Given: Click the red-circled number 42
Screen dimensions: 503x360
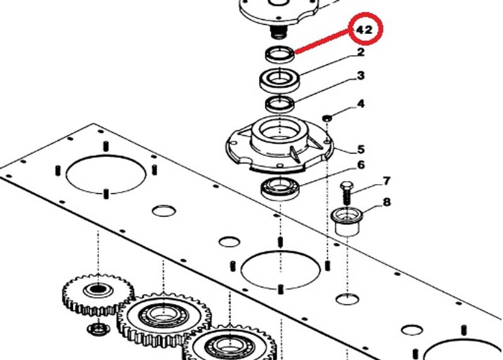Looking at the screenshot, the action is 365,30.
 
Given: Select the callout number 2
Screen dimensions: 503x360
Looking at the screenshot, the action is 360,52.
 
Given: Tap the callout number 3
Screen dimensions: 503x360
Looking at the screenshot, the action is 361,75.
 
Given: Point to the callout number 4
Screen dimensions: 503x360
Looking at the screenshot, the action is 361,104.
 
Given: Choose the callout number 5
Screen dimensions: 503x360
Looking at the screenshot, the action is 361,150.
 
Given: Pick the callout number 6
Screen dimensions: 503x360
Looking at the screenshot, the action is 361,165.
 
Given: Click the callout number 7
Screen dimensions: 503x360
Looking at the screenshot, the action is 387,181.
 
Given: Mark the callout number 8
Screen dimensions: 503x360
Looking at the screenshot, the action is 387,202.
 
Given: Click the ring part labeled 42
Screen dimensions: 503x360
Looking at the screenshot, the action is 280,54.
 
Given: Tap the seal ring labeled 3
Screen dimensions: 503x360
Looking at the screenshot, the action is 280,104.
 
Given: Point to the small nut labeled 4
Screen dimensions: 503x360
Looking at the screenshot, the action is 327,117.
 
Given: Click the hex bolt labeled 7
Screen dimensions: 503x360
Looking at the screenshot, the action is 347,194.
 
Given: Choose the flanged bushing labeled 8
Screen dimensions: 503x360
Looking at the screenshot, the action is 347,222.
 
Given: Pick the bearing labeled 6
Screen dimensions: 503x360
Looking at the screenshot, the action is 280,188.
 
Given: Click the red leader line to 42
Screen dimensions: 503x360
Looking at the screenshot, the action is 323,41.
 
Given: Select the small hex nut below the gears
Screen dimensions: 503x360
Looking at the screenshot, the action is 99,328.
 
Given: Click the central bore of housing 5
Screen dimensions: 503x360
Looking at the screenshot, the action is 280,131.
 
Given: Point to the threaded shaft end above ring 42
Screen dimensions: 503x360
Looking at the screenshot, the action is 278,32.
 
